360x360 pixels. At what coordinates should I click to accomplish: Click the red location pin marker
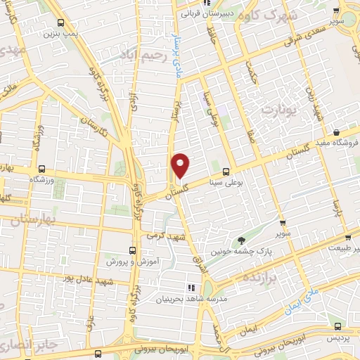click(181, 165)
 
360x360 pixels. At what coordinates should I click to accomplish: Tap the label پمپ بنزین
click(58, 33)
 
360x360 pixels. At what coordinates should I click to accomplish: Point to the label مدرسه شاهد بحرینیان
click(166, 299)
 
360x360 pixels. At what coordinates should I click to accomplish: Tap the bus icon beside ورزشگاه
click(42, 169)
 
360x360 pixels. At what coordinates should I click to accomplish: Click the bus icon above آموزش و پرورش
click(133, 250)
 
